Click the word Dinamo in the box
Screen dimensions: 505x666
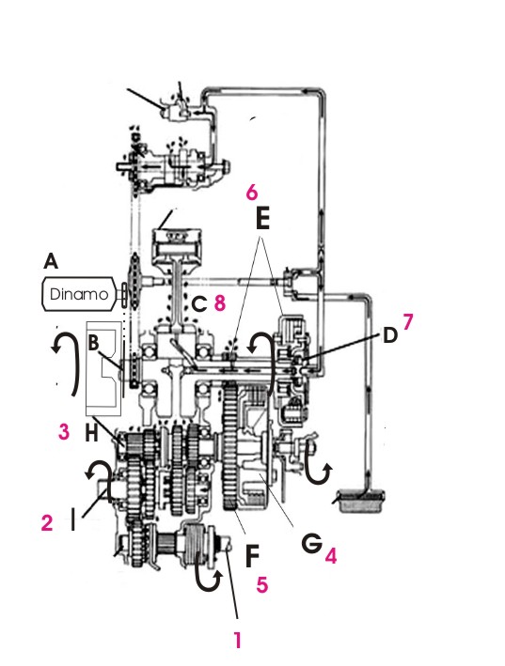[79, 294]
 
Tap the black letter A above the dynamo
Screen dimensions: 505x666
[51, 261]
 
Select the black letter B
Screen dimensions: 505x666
[93, 343]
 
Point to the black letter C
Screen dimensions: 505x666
[199, 304]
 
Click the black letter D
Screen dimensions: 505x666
[390, 335]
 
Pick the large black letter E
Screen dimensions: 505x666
[262, 220]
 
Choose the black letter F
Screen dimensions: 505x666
[252, 556]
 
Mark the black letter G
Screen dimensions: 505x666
[311, 543]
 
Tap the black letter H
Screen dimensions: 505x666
[92, 433]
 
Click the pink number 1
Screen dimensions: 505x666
[238, 640]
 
